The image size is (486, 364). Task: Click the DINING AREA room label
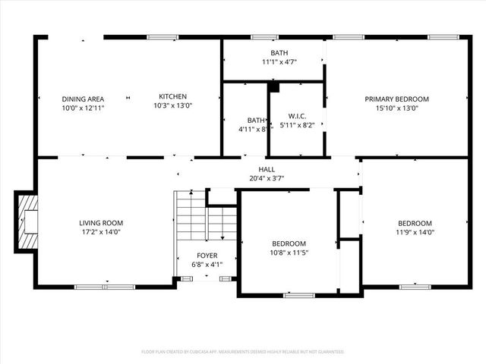[83, 99]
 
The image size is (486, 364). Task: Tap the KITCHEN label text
[172, 96]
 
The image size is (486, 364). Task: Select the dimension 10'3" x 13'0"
[172, 106]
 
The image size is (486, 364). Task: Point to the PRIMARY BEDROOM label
[396, 99]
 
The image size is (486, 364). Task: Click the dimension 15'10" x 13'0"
[396, 108]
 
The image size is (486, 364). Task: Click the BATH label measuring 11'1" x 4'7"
[279, 52]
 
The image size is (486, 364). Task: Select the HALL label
[267, 169]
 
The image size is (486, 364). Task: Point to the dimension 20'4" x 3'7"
[267, 179]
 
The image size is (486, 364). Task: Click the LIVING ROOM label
[100, 223]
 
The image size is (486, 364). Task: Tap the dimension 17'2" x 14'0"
[100, 232]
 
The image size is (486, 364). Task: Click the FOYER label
[206, 256]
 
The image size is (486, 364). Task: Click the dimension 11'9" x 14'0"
[415, 232]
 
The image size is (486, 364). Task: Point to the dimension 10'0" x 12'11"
[83, 108]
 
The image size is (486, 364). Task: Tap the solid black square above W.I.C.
[274, 87]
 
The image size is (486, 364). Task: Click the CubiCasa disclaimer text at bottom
[243, 352]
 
